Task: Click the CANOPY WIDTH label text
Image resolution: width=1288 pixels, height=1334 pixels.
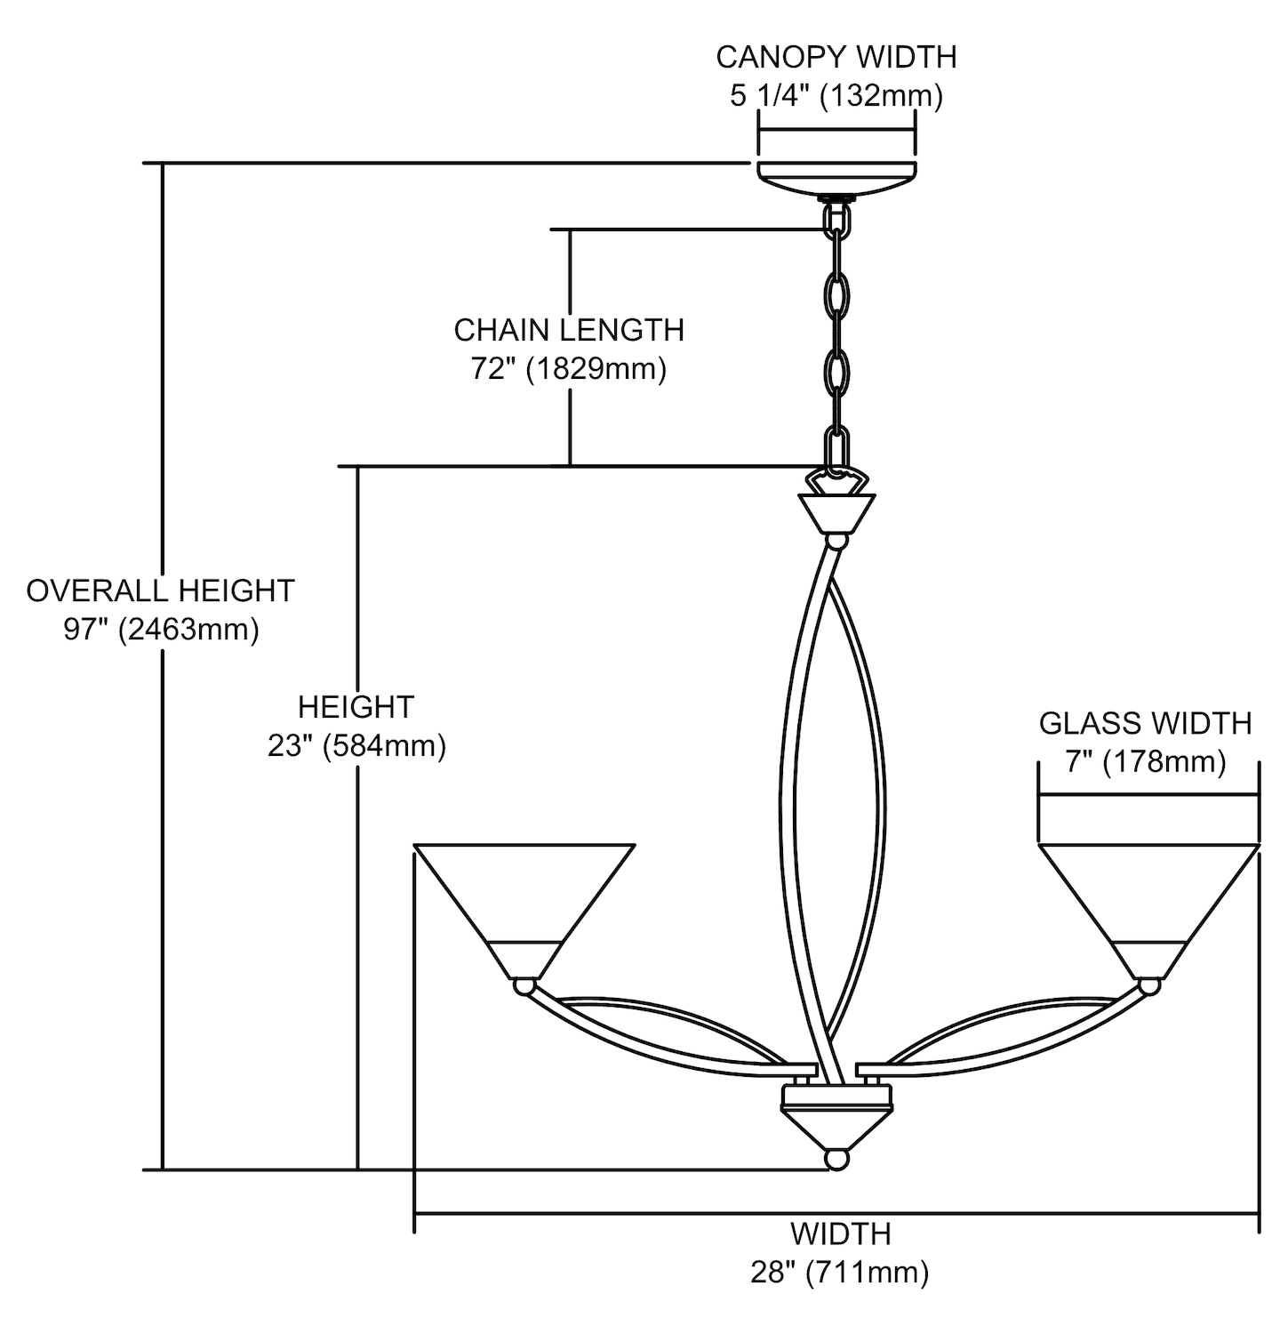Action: tap(836, 57)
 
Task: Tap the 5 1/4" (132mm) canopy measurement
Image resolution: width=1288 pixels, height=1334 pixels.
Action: tap(836, 95)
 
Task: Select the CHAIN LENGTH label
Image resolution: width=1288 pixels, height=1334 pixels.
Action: tap(569, 330)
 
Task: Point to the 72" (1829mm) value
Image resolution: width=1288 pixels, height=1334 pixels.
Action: tap(569, 368)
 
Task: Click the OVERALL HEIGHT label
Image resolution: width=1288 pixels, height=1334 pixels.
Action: tap(160, 591)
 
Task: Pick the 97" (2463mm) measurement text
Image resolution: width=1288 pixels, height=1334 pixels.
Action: tap(161, 630)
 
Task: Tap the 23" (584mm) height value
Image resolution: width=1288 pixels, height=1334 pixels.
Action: tap(356, 745)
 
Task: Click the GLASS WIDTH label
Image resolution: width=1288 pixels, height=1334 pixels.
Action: tap(1145, 724)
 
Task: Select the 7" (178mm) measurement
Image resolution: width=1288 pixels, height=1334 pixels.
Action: tap(1146, 762)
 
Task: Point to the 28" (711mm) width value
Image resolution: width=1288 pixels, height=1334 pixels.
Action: tap(840, 1273)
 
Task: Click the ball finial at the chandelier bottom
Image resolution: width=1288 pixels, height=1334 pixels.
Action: tap(836, 1160)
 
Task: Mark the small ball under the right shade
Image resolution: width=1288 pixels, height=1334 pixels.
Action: tap(1149, 985)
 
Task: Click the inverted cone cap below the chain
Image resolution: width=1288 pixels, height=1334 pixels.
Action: tap(836, 512)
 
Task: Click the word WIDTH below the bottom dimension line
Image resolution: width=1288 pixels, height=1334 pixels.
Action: tap(840, 1234)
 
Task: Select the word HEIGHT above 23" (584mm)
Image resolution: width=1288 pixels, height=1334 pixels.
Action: tap(356, 707)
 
